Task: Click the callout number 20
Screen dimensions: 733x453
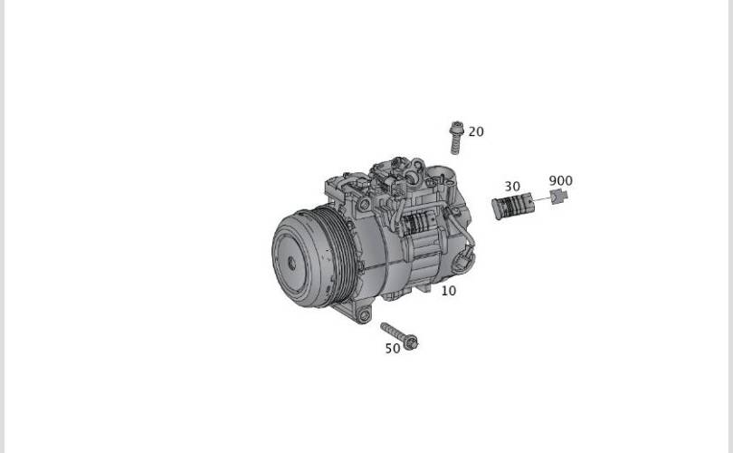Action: pos(476,132)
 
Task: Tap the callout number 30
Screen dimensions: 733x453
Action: pos(512,187)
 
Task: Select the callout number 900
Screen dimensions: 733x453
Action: pos(560,180)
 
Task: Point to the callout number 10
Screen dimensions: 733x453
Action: pos(448,291)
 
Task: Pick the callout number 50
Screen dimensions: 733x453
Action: pos(393,348)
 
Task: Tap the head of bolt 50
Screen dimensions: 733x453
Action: pos(412,342)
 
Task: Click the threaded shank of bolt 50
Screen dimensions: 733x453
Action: pos(393,331)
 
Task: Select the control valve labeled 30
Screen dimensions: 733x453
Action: pos(513,206)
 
